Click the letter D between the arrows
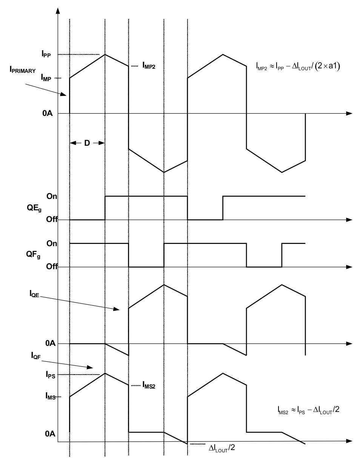pyautogui.click(x=87, y=143)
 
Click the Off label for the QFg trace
pyautogui.click(x=51, y=267)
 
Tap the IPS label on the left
pyautogui.click(x=46, y=375)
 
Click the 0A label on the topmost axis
pyautogui.click(x=48, y=113)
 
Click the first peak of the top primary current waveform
pyautogui.click(x=105, y=55)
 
